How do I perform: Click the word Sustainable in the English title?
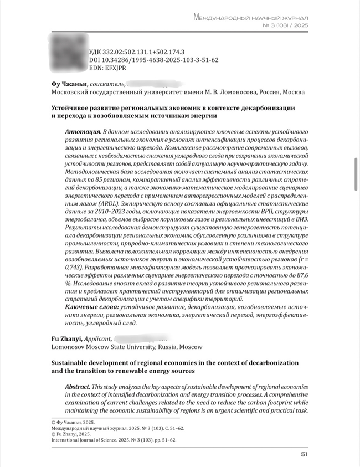coord(73,363)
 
